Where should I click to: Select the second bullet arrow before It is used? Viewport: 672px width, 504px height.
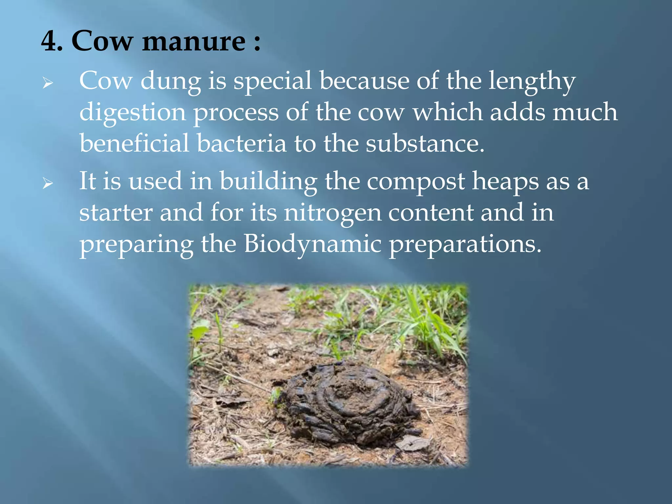[x=48, y=183]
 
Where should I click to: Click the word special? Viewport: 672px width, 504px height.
[x=272, y=81]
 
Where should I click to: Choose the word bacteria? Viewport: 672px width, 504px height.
[x=241, y=143]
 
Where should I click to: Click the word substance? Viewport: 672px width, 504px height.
[x=425, y=143]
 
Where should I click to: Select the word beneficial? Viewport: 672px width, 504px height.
[x=135, y=143]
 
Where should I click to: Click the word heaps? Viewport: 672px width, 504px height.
[x=505, y=181]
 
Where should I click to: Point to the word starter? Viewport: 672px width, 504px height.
[x=116, y=213]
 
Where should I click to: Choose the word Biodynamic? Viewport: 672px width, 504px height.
[x=312, y=245]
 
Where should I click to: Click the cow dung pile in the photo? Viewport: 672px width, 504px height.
[x=348, y=404]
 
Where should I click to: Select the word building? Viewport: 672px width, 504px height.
[x=268, y=181]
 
